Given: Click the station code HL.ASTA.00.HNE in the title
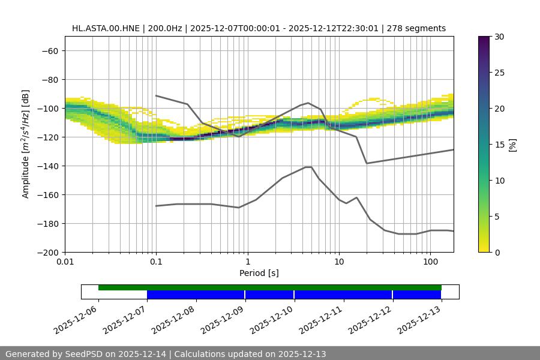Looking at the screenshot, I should [x=106, y=28].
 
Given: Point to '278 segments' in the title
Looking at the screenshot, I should [x=416, y=28].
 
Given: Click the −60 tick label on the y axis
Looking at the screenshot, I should [x=49, y=50].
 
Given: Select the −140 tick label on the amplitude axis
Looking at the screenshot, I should [x=46, y=166].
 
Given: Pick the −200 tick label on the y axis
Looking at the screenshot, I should [x=46, y=252].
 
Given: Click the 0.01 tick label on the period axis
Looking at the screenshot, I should [x=65, y=262].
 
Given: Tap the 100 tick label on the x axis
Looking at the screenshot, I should [x=430, y=262].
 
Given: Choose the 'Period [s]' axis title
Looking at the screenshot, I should [x=259, y=273].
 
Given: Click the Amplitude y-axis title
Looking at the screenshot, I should [x=26, y=144].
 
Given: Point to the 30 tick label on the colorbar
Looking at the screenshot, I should [x=499, y=37].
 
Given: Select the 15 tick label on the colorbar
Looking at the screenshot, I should [x=499, y=145].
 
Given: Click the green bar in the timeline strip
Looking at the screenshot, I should [x=270, y=287].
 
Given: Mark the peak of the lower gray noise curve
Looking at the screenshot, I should [x=308, y=167].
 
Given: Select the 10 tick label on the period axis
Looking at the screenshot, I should [x=339, y=262].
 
